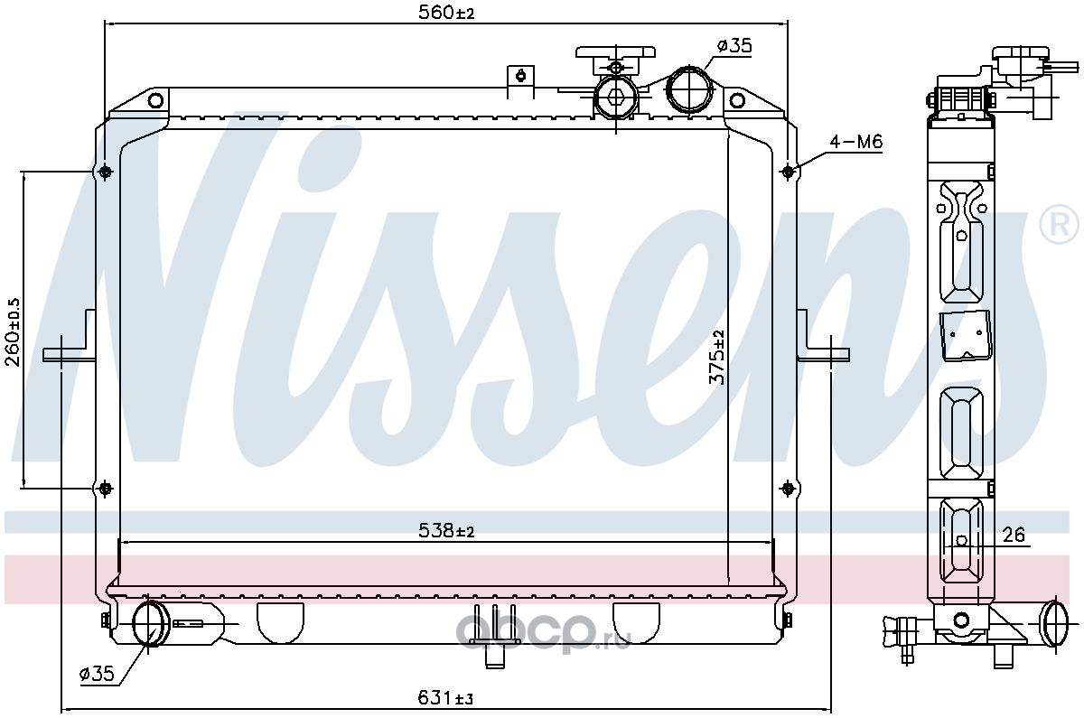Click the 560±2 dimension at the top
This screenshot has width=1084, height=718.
coord(446,13)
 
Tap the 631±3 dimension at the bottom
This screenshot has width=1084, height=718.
coord(445,697)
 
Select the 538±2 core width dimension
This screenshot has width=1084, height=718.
coord(446,531)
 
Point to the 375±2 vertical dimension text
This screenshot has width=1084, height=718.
coord(716,357)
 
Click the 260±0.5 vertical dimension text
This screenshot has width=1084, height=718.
coord(13,332)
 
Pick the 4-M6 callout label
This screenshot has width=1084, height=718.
coord(856,142)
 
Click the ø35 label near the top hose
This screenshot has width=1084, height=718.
coord(734,46)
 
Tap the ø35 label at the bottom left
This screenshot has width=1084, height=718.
coord(97,674)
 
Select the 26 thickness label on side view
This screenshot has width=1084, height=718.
coord(1014,535)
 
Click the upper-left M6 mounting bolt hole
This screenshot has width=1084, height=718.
coord(105,172)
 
